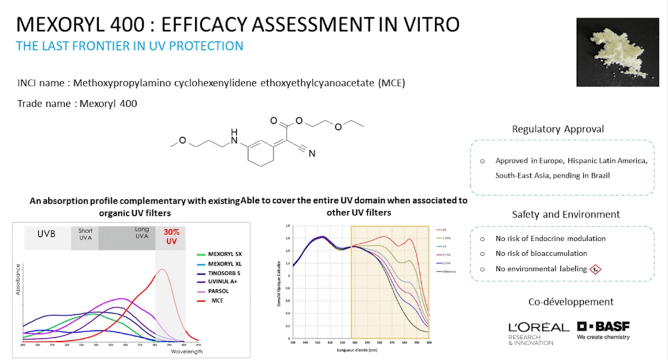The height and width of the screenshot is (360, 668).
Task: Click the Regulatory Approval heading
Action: click(x=558, y=129)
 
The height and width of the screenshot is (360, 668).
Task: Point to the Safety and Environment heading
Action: click(x=565, y=215)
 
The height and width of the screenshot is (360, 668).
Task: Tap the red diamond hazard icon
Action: click(x=596, y=270)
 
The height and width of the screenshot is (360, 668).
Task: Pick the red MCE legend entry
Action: click(x=217, y=301)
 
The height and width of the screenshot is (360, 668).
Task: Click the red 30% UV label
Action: click(x=171, y=236)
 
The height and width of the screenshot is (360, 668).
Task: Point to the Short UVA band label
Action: click(x=85, y=234)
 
